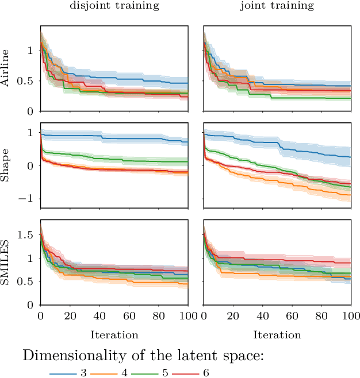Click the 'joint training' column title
click(x=277, y=6)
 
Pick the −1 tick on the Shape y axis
click(x=28, y=199)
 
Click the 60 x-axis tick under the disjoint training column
click(x=129, y=317)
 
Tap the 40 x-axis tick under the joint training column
click(x=263, y=317)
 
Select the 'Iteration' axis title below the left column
click(x=114, y=334)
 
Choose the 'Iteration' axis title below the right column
click(x=277, y=334)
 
